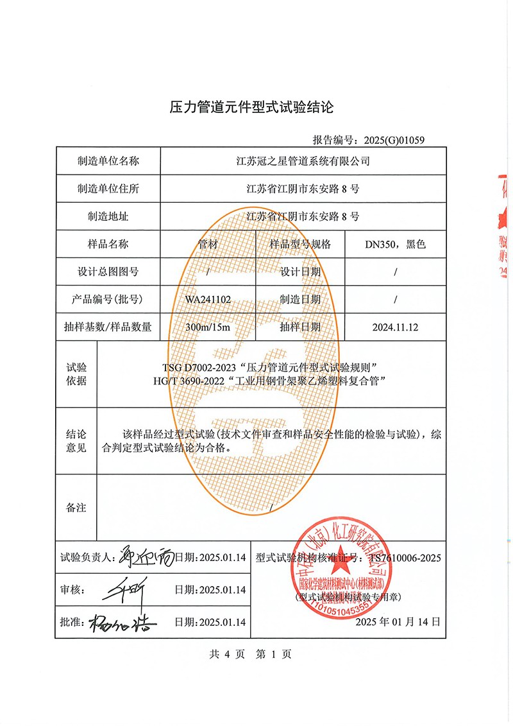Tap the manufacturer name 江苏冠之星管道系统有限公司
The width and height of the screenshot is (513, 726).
303,161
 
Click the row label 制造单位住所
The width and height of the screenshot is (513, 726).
108,189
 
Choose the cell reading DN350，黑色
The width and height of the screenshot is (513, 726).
395,244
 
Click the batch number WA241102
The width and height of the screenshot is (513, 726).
208,299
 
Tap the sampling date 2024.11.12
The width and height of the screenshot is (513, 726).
395,327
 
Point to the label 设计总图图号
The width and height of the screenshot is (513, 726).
108,272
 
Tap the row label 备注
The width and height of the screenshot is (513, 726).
76,508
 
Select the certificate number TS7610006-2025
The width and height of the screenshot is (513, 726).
405,558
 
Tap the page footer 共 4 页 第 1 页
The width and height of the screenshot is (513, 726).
250,654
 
